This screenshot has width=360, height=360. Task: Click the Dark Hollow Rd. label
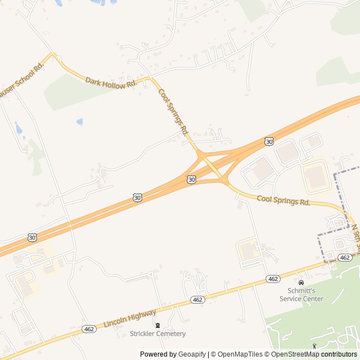[x=111, y=82]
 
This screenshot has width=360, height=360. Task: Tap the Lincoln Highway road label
[x=130, y=318]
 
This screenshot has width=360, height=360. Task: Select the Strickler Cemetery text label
[x=157, y=334]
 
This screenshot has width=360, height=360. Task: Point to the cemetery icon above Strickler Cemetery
[x=157, y=325]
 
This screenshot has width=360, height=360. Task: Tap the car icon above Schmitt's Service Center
[x=301, y=282]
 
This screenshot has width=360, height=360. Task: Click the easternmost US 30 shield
[x=269, y=141]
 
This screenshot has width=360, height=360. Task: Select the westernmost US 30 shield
[x=32, y=237]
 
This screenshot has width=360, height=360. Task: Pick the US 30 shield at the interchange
[x=192, y=179]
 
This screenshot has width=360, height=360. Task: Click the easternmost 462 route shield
[x=345, y=258]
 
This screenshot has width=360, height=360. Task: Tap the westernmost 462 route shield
[x=89, y=328]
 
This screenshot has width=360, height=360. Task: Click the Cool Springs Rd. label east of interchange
[x=283, y=200]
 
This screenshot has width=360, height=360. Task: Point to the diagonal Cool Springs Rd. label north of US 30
[x=173, y=112]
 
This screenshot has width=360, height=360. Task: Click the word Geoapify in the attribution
[x=193, y=354]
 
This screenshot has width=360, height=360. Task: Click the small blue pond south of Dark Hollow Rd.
[x=79, y=121]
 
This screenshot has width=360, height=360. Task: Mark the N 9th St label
[x=355, y=236]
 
